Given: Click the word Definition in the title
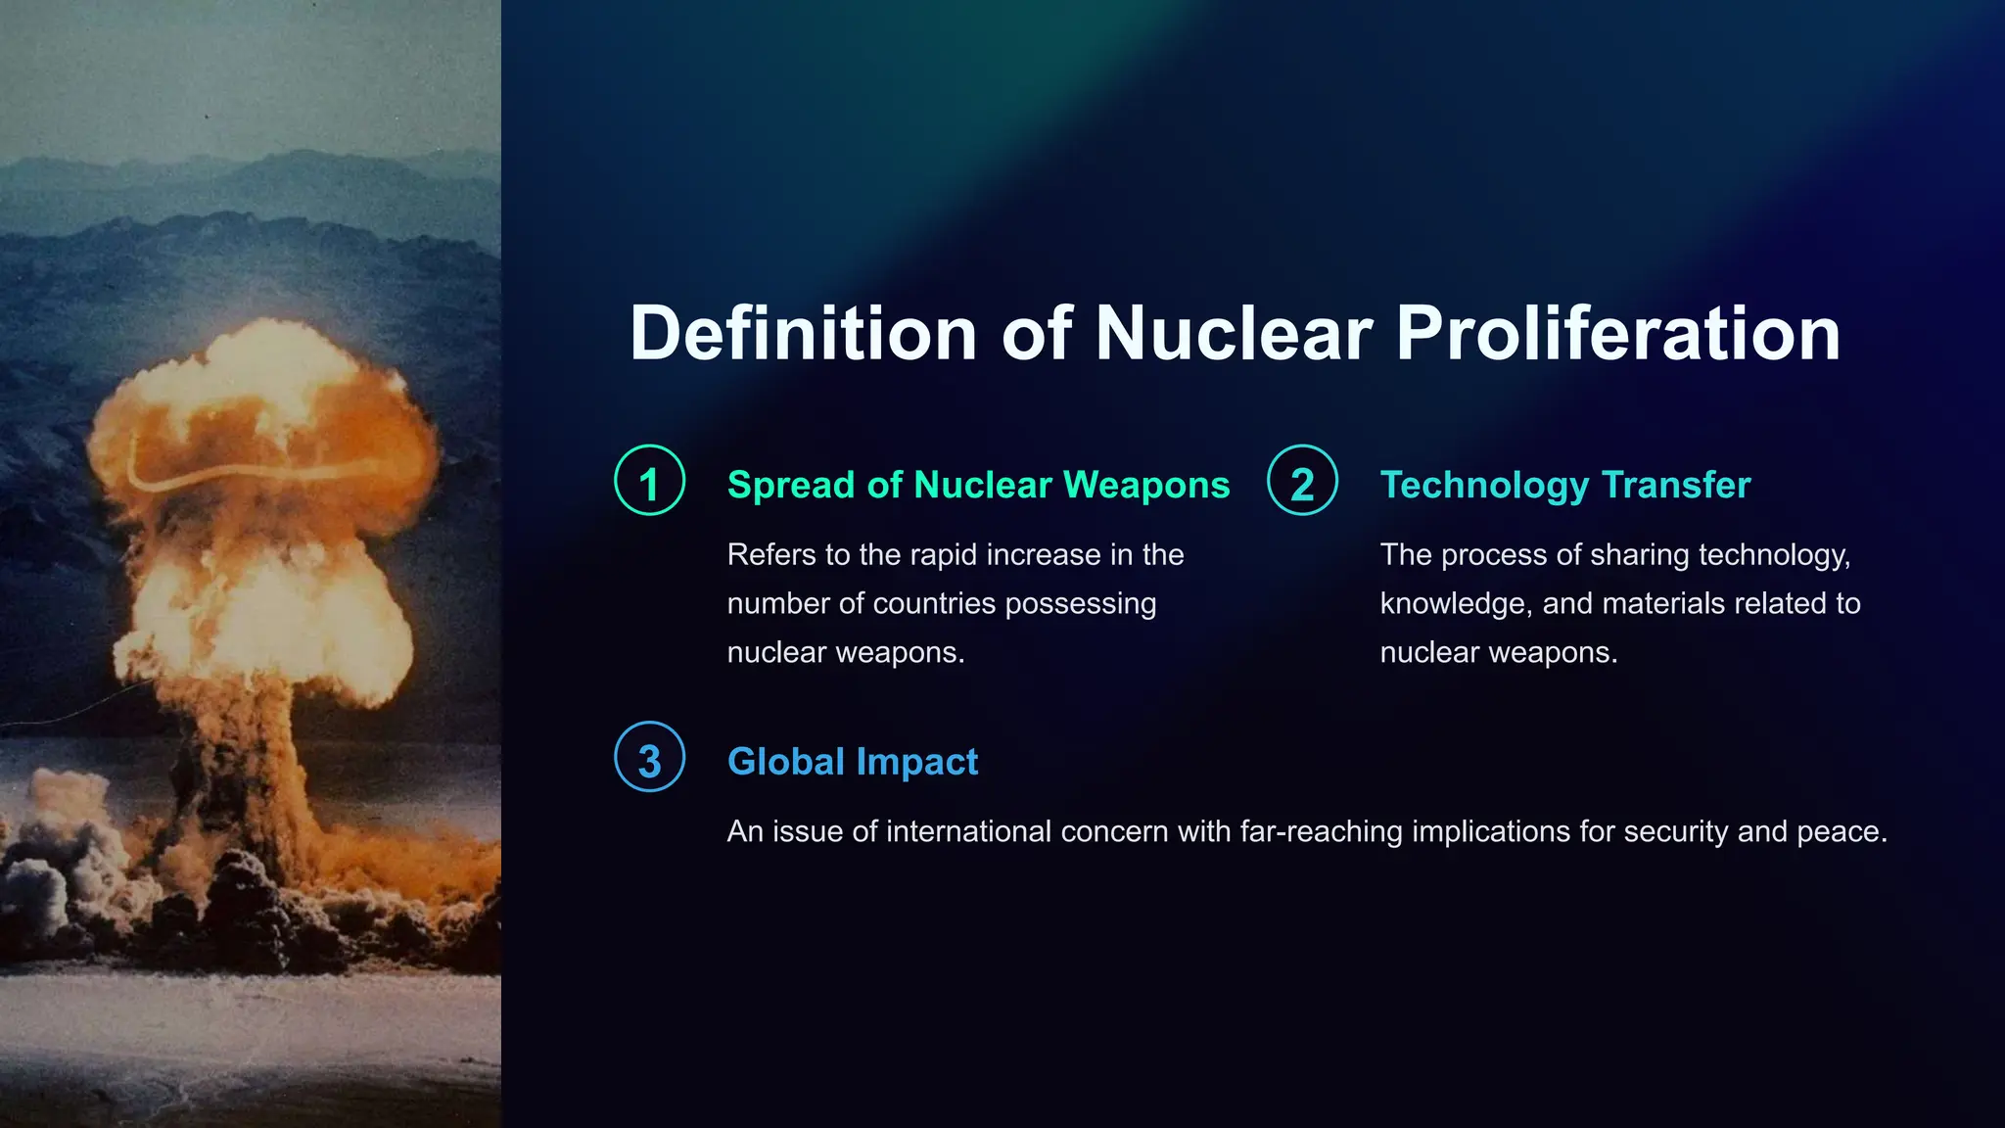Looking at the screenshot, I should pos(803,334).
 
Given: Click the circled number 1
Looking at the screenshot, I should pos(649,481).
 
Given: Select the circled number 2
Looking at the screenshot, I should pos(1302,481).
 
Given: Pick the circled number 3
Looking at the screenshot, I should pos(649,758).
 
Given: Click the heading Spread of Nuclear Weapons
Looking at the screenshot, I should pos(978,486).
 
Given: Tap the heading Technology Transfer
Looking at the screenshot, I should pos(1564,486).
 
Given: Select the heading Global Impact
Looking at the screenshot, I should pos(852,762).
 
